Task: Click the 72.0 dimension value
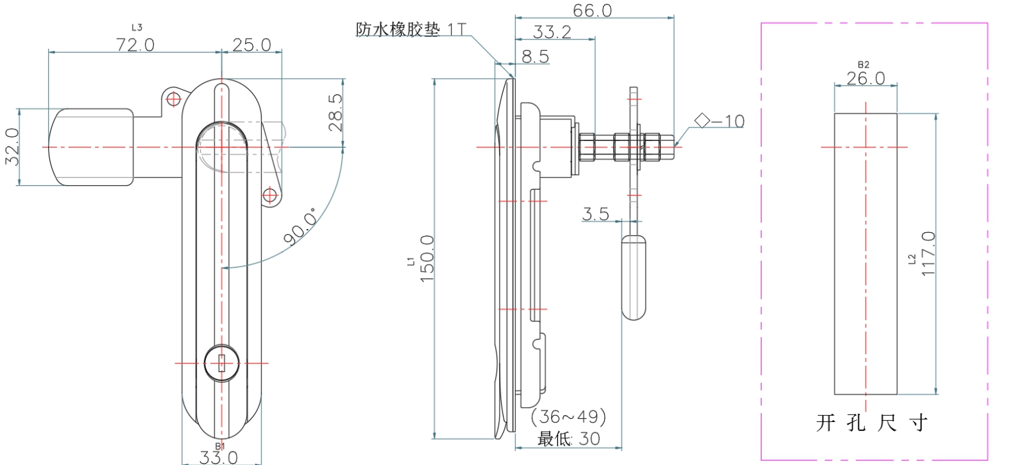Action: (135, 45)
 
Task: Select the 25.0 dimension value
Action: (251, 45)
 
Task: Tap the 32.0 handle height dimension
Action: (13, 147)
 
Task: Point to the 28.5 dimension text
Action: (336, 113)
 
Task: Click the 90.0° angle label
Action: (300, 226)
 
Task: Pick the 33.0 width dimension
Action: (218, 457)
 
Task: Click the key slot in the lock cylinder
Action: (221, 364)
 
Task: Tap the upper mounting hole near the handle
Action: (173, 99)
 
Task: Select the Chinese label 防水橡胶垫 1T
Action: (411, 30)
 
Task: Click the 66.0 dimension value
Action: (592, 10)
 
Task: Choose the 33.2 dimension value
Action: (552, 32)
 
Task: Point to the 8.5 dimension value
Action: (535, 57)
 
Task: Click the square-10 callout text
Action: (720, 121)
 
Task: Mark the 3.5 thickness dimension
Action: (595, 214)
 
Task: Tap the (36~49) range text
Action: (569, 417)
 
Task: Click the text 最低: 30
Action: (569, 439)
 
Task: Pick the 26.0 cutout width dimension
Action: (865, 78)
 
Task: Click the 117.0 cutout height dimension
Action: (928, 254)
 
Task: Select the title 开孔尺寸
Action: (872, 423)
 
